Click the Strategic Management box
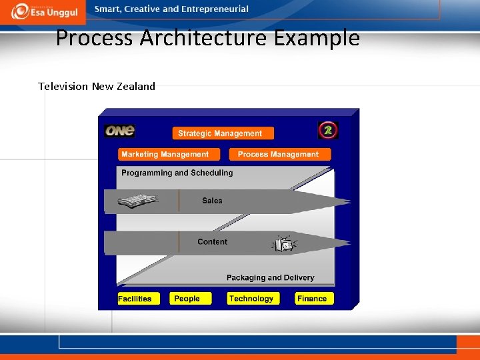click(222, 133)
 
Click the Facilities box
click(136, 299)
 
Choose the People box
click(190, 299)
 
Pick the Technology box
click(252, 299)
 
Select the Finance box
click(314, 299)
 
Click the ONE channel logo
click(120, 131)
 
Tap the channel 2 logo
click(327, 130)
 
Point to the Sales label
click(212, 201)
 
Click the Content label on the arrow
click(212, 242)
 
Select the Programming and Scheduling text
click(177, 173)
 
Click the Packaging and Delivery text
click(270, 277)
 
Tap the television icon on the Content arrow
click(284, 245)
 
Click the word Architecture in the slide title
click(204, 38)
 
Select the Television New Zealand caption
click(97, 86)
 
